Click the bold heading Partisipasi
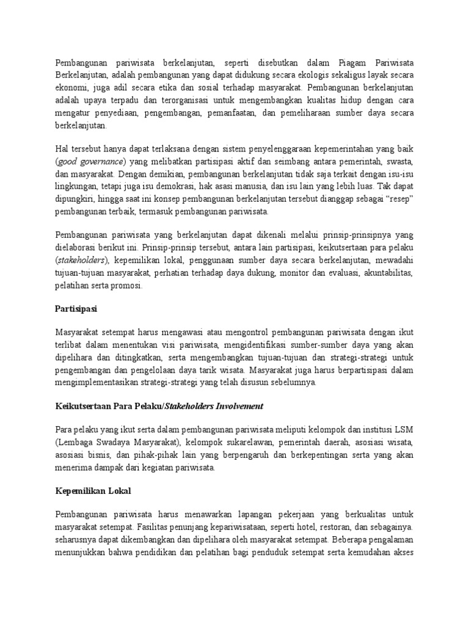pyautogui.click(x=76, y=309)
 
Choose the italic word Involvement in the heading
pyautogui.click(x=236, y=405)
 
